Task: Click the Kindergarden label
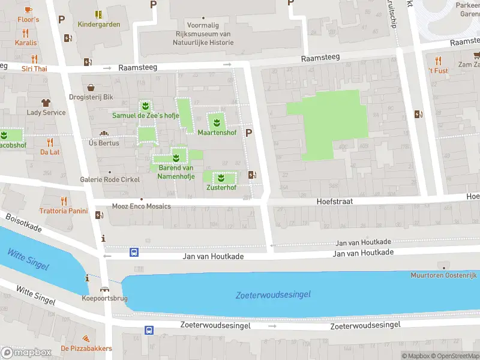coord(99,25)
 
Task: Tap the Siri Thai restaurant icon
coord(34,59)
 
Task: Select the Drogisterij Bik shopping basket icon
coord(91,87)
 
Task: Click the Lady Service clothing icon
coord(46,103)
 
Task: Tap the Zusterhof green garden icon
coord(221,178)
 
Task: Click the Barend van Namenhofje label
coord(175,172)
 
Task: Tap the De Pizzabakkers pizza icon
coord(86,339)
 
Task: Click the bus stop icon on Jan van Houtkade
coord(134,253)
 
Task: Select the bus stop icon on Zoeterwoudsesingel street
coord(148,329)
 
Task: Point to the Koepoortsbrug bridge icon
coord(104,290)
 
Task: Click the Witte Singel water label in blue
coord(28,260)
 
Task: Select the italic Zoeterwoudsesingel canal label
coord(273,295)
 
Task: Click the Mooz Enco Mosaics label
coord(142,206)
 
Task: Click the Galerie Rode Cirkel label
coord(110,179)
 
